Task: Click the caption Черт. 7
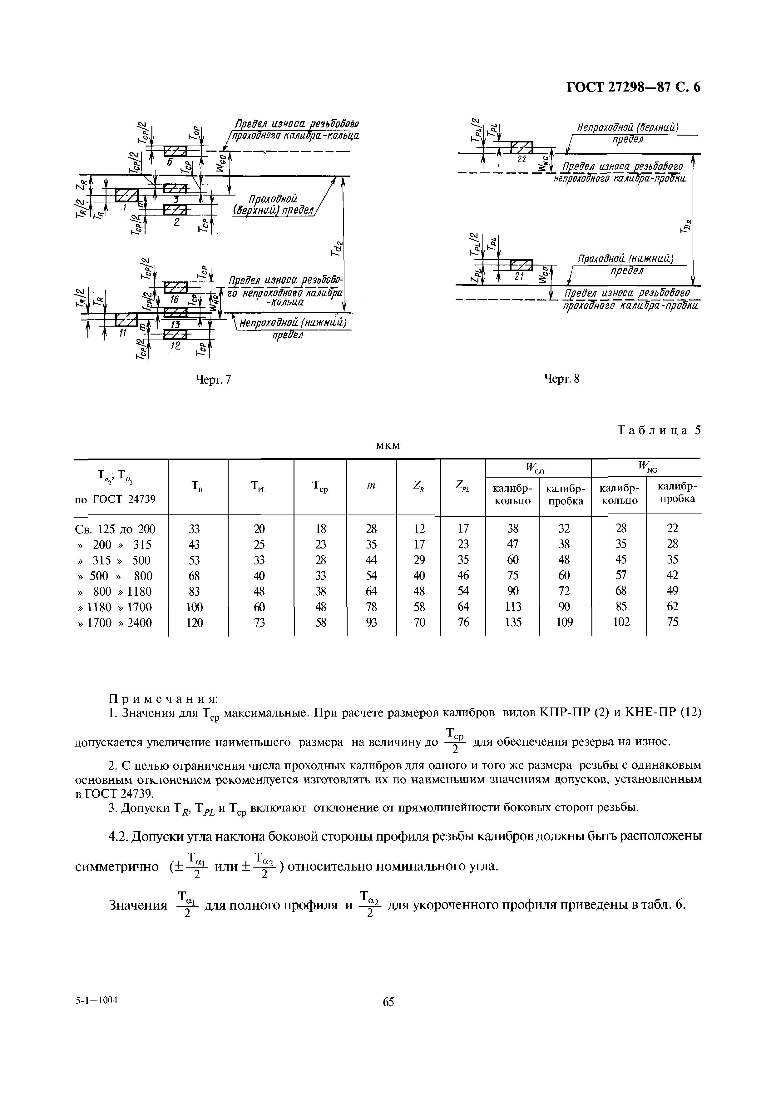tap(214, 379)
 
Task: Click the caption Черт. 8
tap(561, 379)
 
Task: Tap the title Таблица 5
tap(659, 430)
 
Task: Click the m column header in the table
tap(371, 486)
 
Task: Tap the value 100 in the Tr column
tap(195, 607)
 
